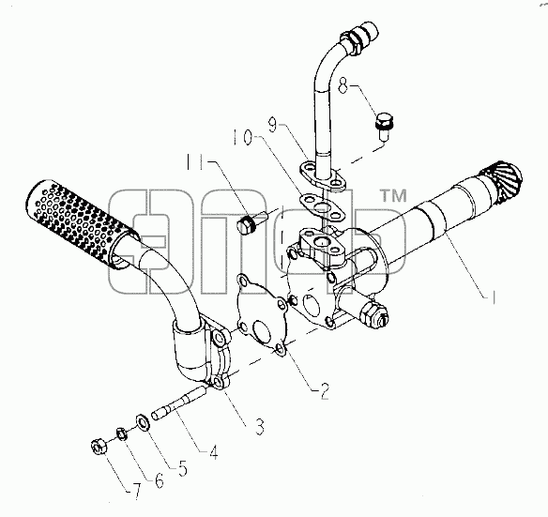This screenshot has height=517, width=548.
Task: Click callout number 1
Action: (x=493, y=297)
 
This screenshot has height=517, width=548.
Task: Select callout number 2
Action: (x=325, y=391)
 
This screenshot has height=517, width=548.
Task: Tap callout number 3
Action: (x=259, y=426)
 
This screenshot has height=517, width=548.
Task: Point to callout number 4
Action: (x=214, y=451)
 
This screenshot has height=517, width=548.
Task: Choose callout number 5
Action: (x=182, y=468)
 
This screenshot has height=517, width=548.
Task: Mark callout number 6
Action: (x=159, y=480)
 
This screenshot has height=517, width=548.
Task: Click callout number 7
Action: (x=136, y=492)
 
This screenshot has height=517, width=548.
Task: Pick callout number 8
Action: (x=343, y=85)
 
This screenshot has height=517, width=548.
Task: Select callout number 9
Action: (x=273, y=125)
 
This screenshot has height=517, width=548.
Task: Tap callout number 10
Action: (x=242, y=137)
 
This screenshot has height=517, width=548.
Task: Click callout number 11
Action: (x=195, y=161)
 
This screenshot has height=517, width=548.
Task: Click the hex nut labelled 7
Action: (x=99, y=447)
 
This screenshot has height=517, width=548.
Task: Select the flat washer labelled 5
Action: (x=143, y=421)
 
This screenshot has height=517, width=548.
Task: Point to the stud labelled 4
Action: (x=179, y=403)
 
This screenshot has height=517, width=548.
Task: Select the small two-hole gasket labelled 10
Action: (x=322, y=207)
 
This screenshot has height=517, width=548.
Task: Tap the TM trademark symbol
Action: (x=393, y=195)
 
